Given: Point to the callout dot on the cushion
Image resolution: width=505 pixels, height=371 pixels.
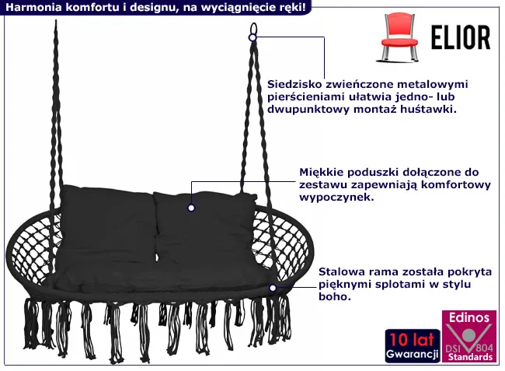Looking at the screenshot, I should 191,208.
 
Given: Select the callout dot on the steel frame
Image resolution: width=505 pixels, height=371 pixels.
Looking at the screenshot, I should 273,288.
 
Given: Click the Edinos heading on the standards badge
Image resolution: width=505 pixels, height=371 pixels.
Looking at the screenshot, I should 468,317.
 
